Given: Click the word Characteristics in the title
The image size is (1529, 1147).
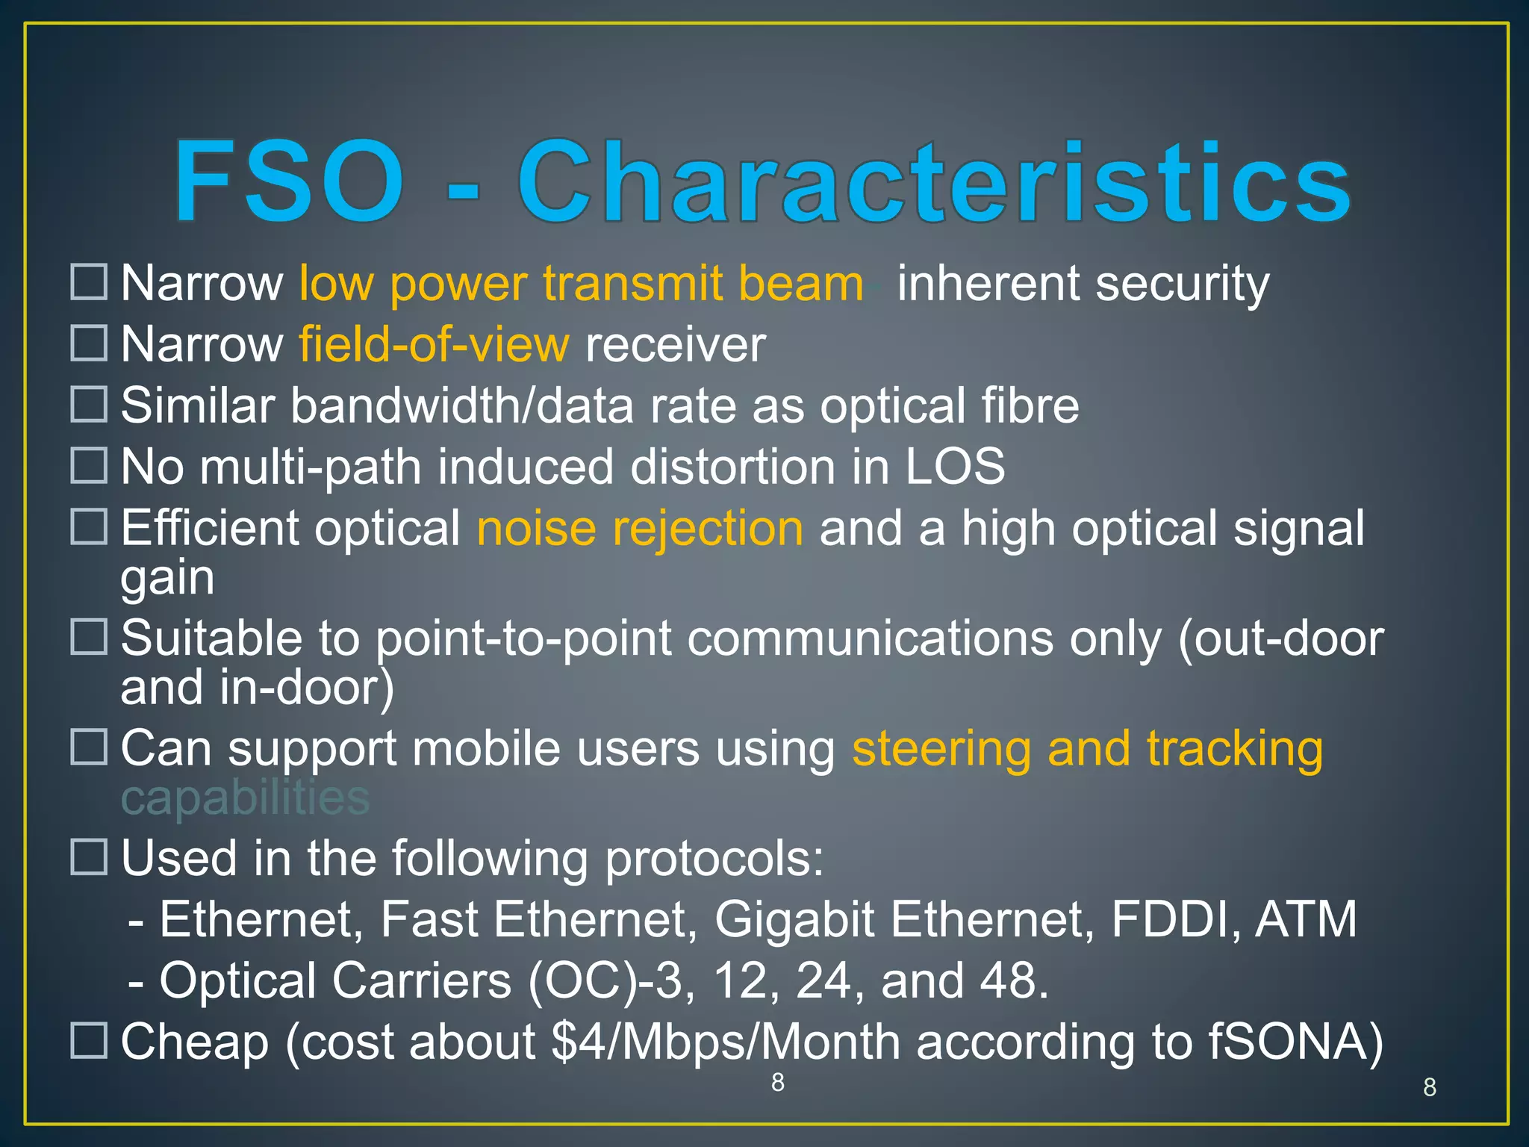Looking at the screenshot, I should (933, 182).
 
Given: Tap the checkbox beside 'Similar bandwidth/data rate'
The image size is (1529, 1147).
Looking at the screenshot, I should (89, 404).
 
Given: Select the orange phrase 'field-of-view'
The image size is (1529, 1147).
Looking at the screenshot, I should (434, 344).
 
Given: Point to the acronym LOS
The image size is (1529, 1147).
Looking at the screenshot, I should (955, 467).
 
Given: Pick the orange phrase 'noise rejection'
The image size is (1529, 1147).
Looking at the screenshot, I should (640, 528).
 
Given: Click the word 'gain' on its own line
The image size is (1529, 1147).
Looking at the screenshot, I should (167, 578).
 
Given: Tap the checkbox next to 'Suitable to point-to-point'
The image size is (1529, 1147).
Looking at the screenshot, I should (89, 637).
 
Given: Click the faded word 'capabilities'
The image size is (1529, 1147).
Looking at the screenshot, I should (245, 798).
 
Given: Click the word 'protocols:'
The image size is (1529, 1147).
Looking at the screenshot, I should (714, 858).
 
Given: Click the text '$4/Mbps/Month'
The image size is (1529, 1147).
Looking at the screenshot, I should (725, 1042).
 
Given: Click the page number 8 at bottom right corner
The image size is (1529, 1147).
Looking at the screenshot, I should (1429, 1087).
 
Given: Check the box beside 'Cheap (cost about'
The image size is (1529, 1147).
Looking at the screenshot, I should (89, 1040).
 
